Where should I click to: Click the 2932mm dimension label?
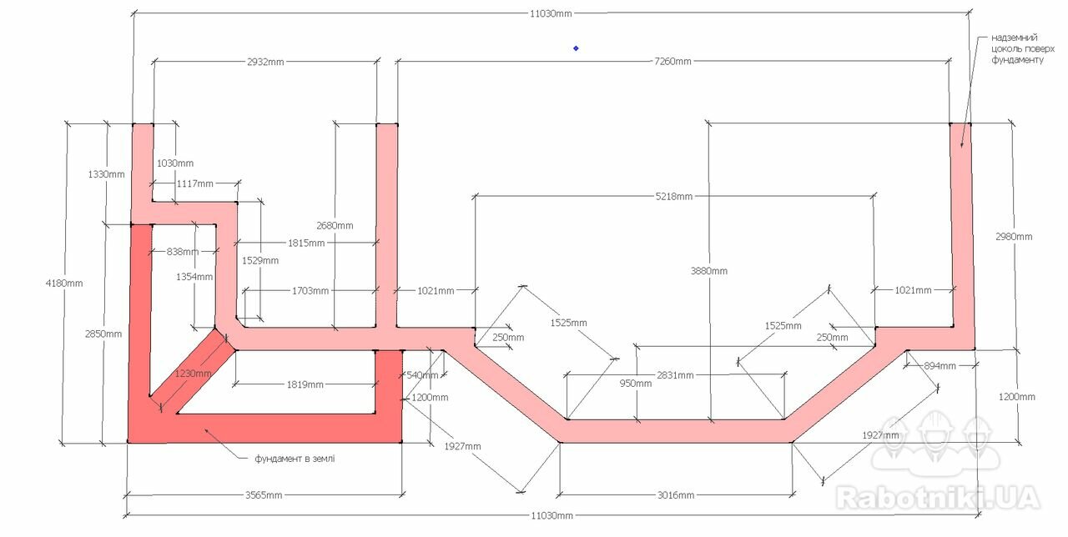265,62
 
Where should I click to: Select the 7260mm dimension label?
673,62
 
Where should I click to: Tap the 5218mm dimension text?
673,196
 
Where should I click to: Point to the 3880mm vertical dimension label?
709,271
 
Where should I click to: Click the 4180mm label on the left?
64,284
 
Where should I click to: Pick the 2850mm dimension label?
103,334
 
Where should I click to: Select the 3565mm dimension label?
264,495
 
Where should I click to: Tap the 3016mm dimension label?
676,495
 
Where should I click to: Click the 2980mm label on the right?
1014,237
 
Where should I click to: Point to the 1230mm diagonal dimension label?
193,374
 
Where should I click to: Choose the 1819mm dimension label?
305,384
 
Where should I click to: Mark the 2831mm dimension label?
675,375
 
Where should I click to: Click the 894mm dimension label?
940,366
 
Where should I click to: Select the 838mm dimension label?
183,252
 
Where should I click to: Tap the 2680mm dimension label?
335,226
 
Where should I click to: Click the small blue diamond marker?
576,48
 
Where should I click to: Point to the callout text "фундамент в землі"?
295,459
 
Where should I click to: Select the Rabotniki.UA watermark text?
938,498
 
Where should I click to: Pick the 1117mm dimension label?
195,184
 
